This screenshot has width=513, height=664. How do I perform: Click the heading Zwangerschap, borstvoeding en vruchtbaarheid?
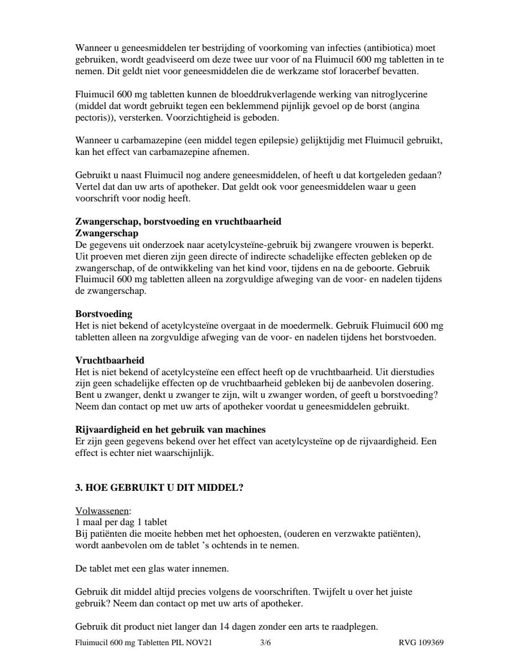click(178, 221)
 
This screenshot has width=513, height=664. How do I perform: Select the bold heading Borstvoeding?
click(103, 314)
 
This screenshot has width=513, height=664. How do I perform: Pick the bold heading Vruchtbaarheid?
click(110, 360)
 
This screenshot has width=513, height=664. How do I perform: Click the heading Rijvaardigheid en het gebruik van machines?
click(170, 429)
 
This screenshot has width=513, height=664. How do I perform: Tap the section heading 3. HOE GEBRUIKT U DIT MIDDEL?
click(159, 488)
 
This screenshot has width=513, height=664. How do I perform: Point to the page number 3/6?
click(265, 643)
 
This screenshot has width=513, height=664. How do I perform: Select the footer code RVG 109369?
click(421, 643)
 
